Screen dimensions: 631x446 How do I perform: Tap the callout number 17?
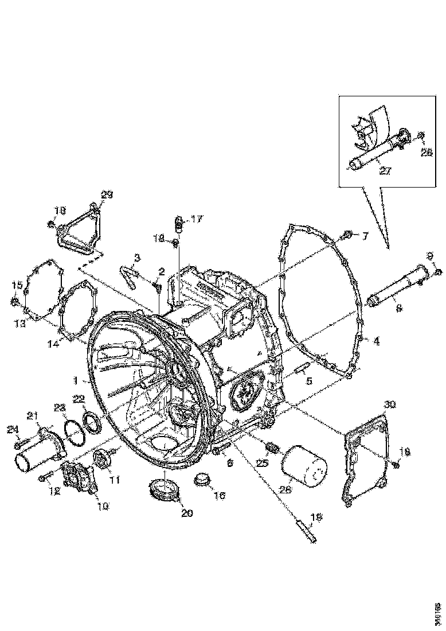(x=197, y=219)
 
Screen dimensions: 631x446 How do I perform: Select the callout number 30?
(x=390, y=404)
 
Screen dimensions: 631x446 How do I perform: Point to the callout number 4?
(x=375, y=341)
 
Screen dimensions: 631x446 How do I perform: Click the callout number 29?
(x=107, y=195)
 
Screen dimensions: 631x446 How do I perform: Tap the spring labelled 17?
(x=178, y=224)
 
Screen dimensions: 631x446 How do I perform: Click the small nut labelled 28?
(x=420, y=136)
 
